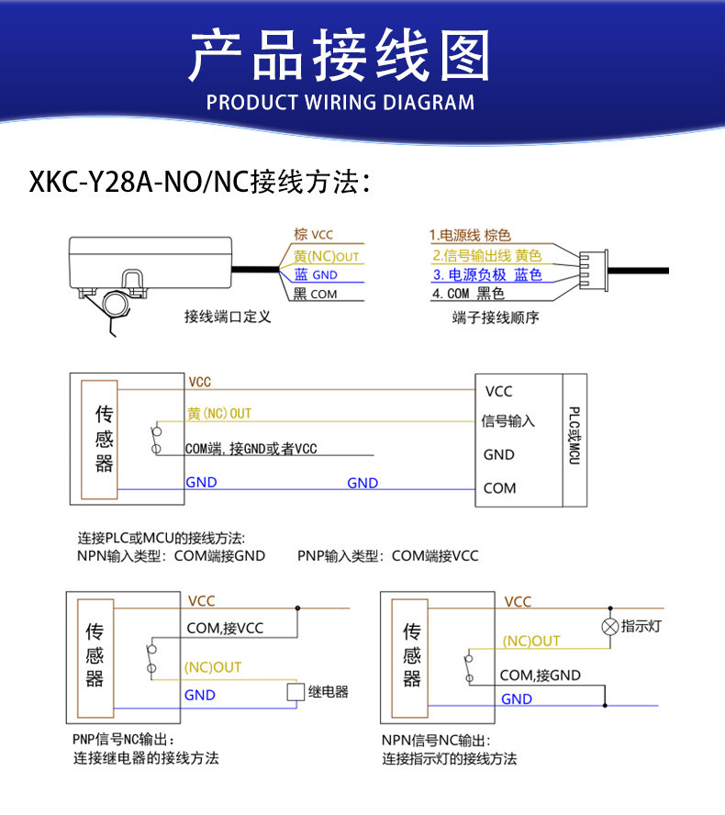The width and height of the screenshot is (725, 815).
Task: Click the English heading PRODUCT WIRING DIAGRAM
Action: coord(340,103)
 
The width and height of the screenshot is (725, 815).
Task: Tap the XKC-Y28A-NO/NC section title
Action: coord(199,182)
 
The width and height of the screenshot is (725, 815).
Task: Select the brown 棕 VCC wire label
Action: coord(313,234)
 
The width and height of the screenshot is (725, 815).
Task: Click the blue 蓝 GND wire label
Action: coord(316,274)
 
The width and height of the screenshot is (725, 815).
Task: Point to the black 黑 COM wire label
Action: coord(315,295)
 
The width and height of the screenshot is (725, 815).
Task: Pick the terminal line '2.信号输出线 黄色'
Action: coord(487,256)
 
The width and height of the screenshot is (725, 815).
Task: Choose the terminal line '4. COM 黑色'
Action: coord(468,294)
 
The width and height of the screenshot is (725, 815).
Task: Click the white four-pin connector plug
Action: coord(594,270)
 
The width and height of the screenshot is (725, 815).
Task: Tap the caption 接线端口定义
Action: coord(228,317)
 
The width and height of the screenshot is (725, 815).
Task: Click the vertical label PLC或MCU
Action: coord(574,436)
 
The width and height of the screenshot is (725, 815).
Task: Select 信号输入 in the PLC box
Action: coord(507,421)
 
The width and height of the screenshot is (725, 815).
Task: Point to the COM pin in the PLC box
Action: coord(499,488)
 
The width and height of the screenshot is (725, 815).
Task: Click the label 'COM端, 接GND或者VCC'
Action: coord(251,449)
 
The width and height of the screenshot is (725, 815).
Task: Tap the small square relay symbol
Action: coord(296,692)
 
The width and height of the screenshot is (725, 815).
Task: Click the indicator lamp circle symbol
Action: coord(610,627)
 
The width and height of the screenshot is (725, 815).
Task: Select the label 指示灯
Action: coord(641,626)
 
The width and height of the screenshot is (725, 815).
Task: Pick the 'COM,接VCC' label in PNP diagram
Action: coord(225,629)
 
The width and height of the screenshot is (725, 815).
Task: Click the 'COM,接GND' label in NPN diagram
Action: coord(540,675)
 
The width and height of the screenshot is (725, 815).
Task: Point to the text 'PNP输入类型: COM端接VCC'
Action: coord(387,556)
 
